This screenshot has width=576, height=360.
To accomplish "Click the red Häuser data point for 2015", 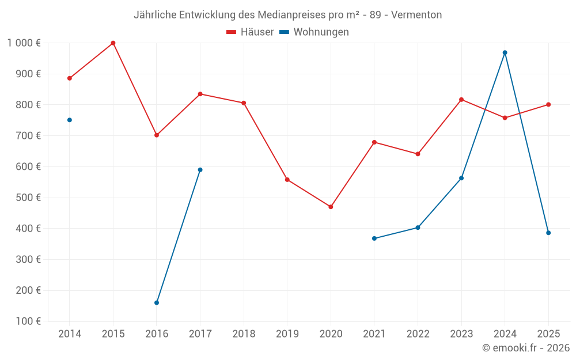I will point(113,43).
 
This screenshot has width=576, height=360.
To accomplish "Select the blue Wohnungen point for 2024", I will point(505,52).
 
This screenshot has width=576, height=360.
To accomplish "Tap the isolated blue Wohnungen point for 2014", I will point(70,120).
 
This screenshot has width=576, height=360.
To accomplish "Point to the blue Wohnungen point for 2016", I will point(157,302).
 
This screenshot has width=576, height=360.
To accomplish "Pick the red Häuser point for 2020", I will point(331,207).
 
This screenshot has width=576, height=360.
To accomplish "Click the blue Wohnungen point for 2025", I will point(548,233).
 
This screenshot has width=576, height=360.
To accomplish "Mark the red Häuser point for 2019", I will point(287,180).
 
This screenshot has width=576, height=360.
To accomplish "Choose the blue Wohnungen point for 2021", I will point(374,238).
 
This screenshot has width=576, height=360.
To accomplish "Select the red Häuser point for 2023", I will point(461,100).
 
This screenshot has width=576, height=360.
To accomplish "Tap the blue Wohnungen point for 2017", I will point(200,170).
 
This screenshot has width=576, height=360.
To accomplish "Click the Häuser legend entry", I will point(251,32).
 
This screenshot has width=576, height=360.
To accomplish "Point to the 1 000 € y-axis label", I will point(24,43).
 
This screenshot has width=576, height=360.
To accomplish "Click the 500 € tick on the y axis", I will point(29,198).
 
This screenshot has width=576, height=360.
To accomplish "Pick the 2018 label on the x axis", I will point(244,334).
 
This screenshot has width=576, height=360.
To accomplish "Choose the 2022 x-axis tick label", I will point(418,334).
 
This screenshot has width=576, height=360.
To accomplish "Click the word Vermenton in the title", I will point(416,15).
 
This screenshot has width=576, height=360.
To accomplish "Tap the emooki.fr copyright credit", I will point(526,348).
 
